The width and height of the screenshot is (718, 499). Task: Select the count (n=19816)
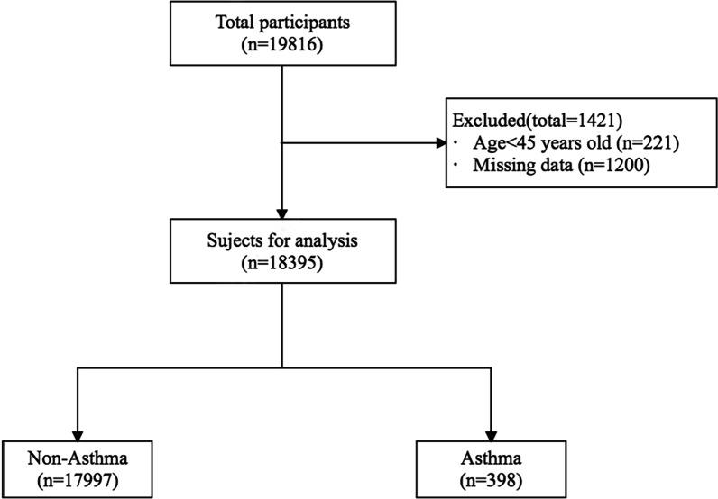point(282,43)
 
